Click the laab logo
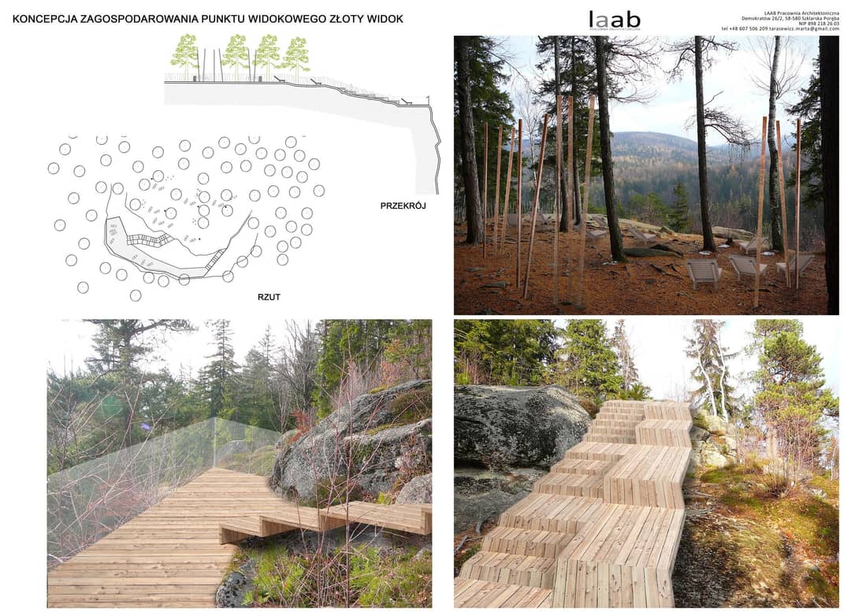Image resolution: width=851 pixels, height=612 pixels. (614, 20)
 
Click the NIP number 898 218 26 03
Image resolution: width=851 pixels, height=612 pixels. (823, 24)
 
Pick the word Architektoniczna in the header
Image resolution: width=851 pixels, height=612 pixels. (820, 12)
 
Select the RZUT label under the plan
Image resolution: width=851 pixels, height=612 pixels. (269, 297)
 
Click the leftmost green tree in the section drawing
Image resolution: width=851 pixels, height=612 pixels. (185, 54)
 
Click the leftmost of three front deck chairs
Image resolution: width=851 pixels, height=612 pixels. (703, 273)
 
